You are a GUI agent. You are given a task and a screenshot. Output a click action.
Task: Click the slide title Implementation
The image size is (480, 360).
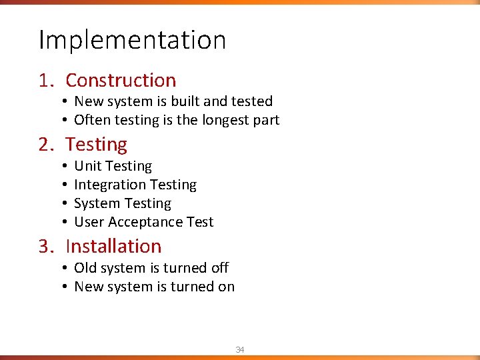point(132,40)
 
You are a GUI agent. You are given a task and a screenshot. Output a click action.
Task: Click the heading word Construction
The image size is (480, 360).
point(121,81)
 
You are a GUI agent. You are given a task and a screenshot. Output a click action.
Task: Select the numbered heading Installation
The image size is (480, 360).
point(113,246)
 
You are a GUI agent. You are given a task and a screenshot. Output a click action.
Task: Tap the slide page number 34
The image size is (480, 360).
point(240,349)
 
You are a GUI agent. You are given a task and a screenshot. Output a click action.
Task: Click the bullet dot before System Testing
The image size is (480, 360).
point(67,203)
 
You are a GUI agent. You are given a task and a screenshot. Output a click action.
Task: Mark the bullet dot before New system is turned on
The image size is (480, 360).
point(67,287)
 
